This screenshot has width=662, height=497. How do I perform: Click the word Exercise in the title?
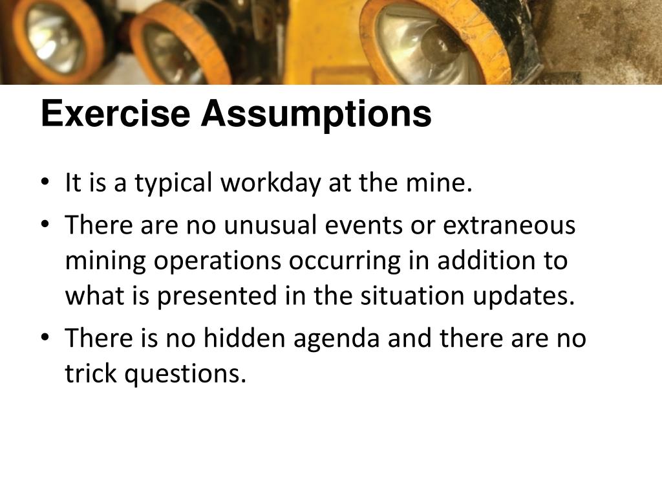point(115,115)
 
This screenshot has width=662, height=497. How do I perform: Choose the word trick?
point(90,373)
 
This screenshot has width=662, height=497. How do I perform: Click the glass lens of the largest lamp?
point(420,42)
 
